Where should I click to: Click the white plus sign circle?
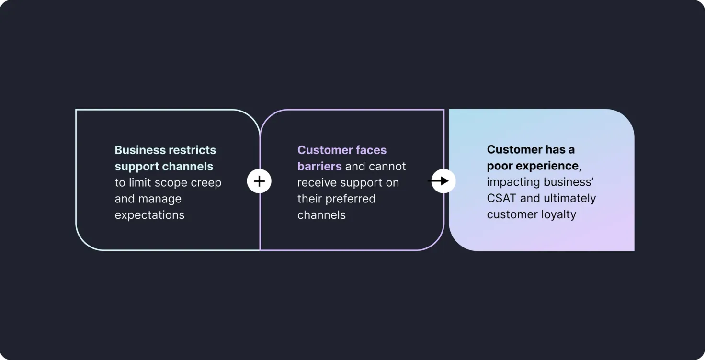(x=259, y=181)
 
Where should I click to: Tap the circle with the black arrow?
(x=443, y=181)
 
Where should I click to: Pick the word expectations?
(x=149, y=215)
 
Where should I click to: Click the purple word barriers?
(x=319, y=166)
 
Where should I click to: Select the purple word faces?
(x=371, y=150)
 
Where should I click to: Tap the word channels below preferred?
(x=321, y=215)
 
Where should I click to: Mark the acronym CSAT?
(x=501, y=198)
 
